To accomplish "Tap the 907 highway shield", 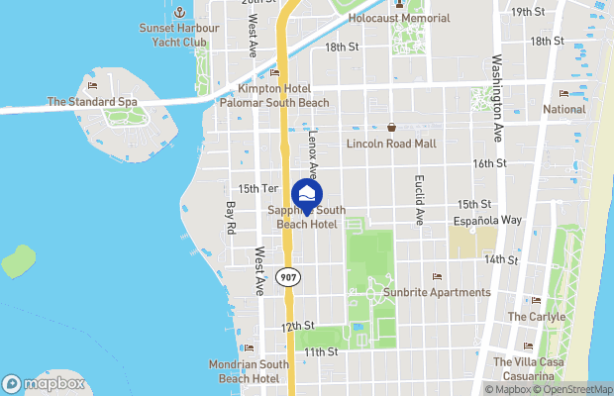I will (x=288, y=277).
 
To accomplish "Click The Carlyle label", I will (x=536, y=317).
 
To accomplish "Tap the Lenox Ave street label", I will (x=313, y=154).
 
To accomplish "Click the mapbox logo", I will (x=43, y=383).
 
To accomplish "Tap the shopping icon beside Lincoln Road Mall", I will (x=392, y=127).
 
